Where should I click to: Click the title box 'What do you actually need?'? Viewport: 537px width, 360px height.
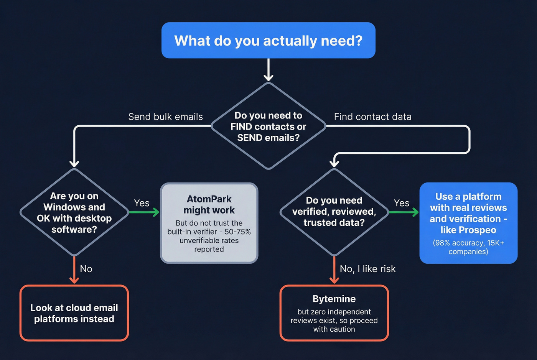click(268, 41)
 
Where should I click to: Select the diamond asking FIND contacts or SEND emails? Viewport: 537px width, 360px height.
click(268, 127)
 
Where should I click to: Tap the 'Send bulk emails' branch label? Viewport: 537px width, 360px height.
click(165, 117)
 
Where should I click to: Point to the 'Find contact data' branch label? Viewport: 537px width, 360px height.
click(372, 117)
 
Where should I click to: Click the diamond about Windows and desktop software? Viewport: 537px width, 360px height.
click(74, 212)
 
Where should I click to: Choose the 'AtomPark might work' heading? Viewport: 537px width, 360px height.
click(209, 205)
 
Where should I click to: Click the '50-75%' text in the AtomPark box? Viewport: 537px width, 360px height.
click(238, 232)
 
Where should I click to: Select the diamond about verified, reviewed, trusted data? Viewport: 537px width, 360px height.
click(334, 212)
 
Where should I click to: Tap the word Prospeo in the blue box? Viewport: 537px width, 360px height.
click(478, 230)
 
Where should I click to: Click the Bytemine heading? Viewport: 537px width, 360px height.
click(334, 299)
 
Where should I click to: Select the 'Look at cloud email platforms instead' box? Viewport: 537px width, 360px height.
click(74, 313)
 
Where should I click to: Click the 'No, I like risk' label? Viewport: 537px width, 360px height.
click(367, 269)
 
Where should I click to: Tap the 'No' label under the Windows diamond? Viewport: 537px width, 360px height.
click(86, 269)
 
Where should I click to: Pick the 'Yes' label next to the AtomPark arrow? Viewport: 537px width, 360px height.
click(142, 203)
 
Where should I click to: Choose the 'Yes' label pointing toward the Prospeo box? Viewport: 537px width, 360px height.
click(401, 203)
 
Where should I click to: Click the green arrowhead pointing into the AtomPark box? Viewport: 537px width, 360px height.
click(156, 212)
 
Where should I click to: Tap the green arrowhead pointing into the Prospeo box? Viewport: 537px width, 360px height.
click(415, 212)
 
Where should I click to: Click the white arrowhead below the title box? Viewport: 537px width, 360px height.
click(268, 78)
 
